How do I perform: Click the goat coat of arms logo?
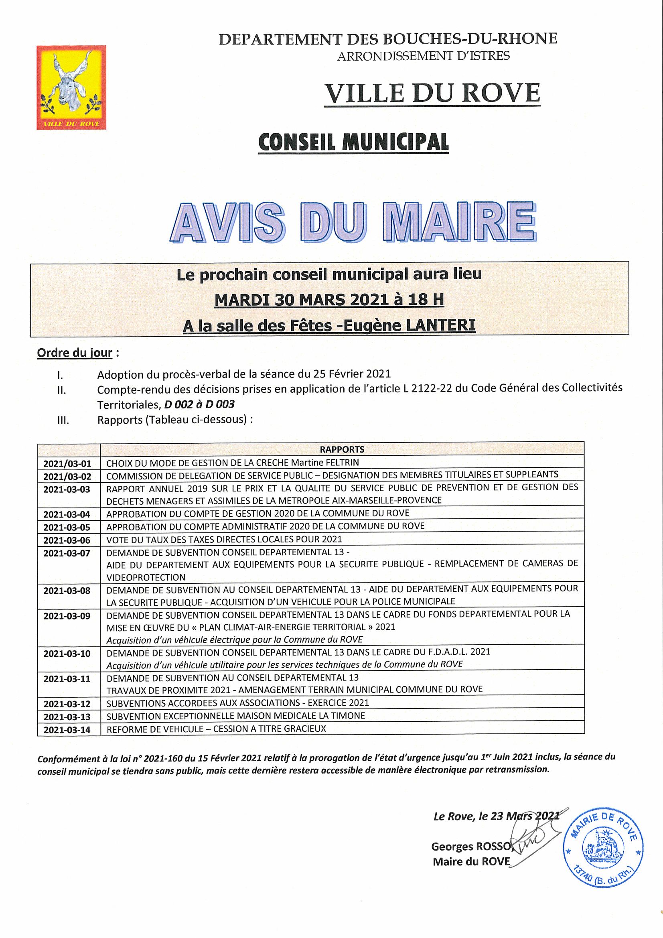(x=71, y=87)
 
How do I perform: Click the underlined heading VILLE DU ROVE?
(x=432, y=93)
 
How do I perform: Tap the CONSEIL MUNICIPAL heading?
(x=353, y=142)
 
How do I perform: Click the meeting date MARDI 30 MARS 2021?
(x=302, y=300)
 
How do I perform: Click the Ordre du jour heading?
(x=75, y=353)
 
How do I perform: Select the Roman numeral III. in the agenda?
(x=63, y=420)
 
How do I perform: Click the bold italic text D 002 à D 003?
(x=199, y=404)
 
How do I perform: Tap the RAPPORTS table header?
(x=342, y=449)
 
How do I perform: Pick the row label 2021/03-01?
(x=67, y=464)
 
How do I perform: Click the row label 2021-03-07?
(x=67, y=553)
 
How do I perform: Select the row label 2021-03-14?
(x=67, y=730)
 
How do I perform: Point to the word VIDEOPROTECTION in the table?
(x=146, y=577)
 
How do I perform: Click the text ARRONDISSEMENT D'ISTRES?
(x=423, y=56)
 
